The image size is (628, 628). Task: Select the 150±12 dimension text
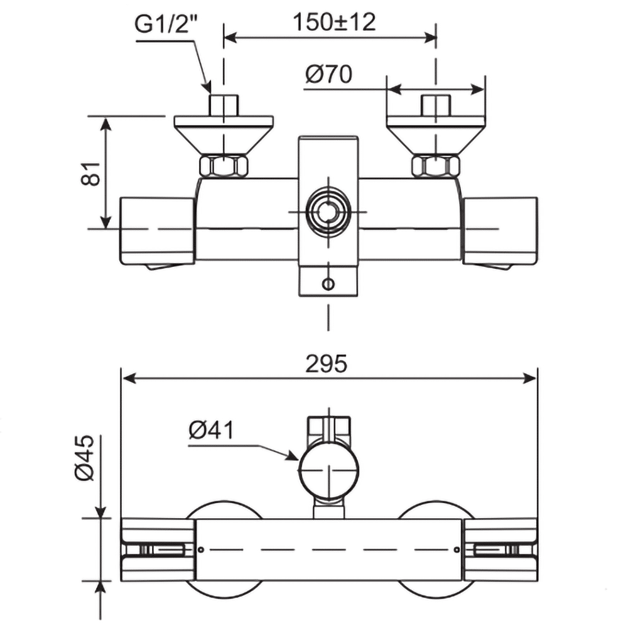[x=333, y=22]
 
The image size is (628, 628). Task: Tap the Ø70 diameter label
[x=328, y=75]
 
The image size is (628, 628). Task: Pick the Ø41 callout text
[x=211, y=430]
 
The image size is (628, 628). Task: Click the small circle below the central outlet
[x=328, y=284]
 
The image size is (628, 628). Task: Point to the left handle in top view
[x=157, y=231]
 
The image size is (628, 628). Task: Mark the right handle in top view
[x=500, y=231]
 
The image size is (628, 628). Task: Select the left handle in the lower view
[x=157, y=549]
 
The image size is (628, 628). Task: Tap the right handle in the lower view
[x=500, y=549]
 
